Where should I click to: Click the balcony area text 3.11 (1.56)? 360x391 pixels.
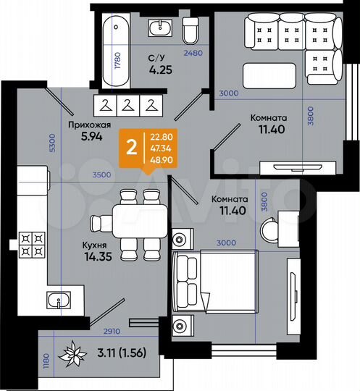pos(118,356)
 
